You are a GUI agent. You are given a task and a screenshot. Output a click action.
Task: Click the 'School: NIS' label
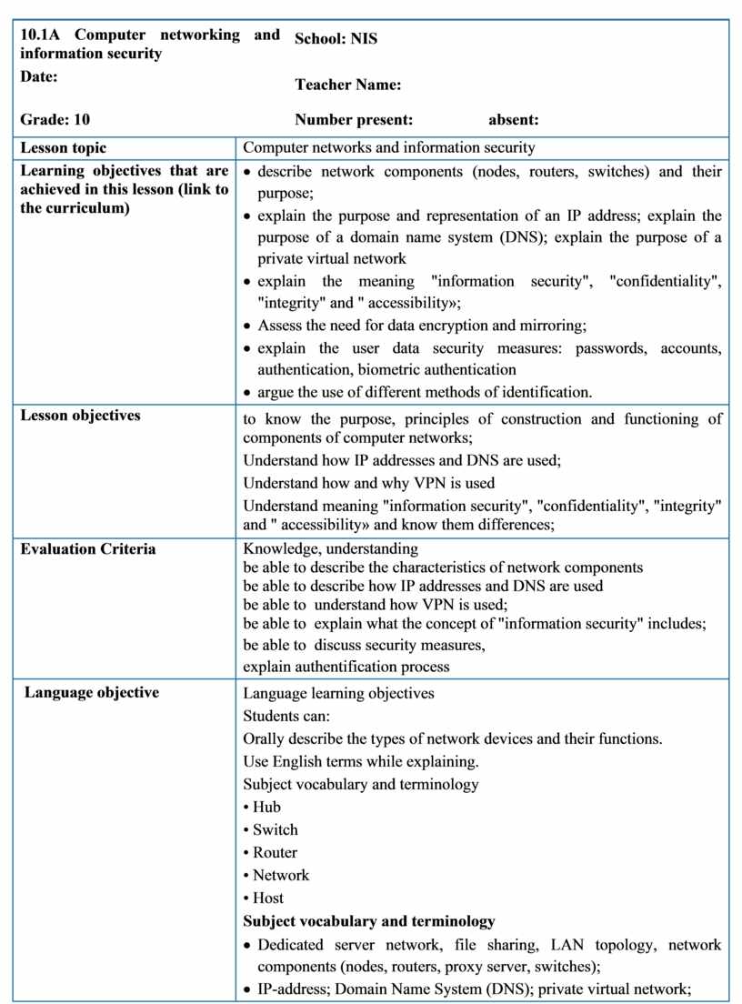pyautogui.click(x=336, y=39)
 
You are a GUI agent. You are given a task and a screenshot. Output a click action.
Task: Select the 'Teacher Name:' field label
pyautogui.click(x=348, y=85)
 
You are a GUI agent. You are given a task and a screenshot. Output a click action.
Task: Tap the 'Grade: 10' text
pyautogui.click(x=55, y=119)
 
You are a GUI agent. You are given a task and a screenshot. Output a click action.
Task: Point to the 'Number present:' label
pyautogui.click(x=354, y=119)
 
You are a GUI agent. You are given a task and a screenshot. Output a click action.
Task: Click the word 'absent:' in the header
pyautogui.click(x=514, y=119)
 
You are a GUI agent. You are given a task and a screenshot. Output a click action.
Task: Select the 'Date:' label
pyautogui.click(x=39, y=77)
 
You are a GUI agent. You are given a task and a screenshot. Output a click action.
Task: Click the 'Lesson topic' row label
pyautogui.click(x=64, y=147)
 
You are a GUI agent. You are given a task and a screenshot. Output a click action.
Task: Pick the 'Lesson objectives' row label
pyautogui.click(x=80, y=415)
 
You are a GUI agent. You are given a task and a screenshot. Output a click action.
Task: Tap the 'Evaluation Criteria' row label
pyautogui.click(x=88, y=548)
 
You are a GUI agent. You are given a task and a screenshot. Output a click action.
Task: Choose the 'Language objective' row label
pyautogui.click(x=92, y=692)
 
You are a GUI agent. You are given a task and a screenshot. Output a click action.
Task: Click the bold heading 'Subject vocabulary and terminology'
pyautogui.click(x=369, y=920)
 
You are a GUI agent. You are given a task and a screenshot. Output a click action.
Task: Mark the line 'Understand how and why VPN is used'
pyautogui.click(x=369, y=483)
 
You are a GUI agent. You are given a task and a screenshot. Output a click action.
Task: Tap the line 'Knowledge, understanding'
pyautogui.click(x=331, y=548)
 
